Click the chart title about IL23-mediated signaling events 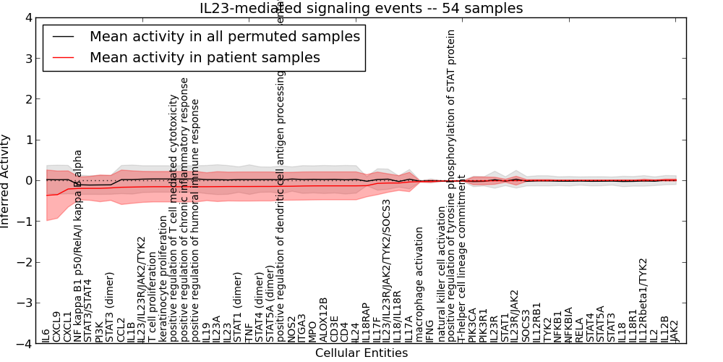(x=361, y=8)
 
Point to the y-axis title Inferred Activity (x=6, y=181)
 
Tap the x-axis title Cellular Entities (x=361, y=353)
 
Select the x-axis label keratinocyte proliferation (x=163, y=278)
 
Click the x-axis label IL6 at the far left (x=46, y=335)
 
